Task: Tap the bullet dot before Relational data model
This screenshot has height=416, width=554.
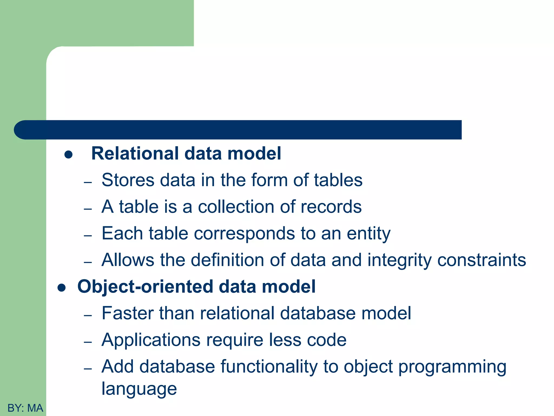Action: point(68,155)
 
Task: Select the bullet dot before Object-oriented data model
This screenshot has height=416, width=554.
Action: point(62,288)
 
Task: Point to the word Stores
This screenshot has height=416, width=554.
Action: point(128,180)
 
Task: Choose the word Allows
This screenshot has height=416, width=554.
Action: point(128,260)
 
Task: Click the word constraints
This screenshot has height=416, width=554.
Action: point(482,260)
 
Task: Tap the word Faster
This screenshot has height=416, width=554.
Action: point(127,313)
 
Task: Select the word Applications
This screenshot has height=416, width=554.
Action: point(151,340)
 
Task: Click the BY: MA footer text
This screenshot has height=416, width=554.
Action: point(25,408)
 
